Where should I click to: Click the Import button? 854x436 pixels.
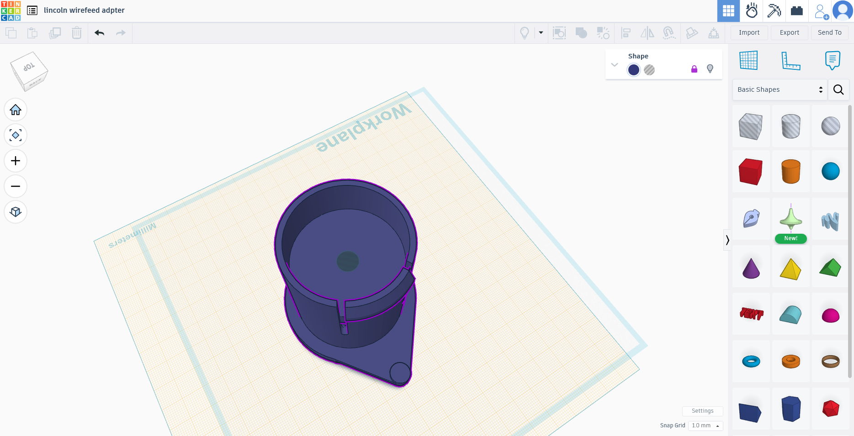(x=749, y=32)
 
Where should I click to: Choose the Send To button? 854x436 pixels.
(x=829, y=32)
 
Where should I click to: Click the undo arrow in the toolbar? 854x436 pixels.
(x=100, y=33)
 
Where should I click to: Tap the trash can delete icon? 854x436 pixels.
(x=77, y=33)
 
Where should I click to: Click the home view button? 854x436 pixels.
(x=16, y=110)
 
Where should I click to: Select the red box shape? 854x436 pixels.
(x=750, y=171)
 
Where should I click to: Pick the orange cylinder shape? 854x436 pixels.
(x=790, y=171)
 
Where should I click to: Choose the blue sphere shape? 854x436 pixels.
(x=830, y=171)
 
